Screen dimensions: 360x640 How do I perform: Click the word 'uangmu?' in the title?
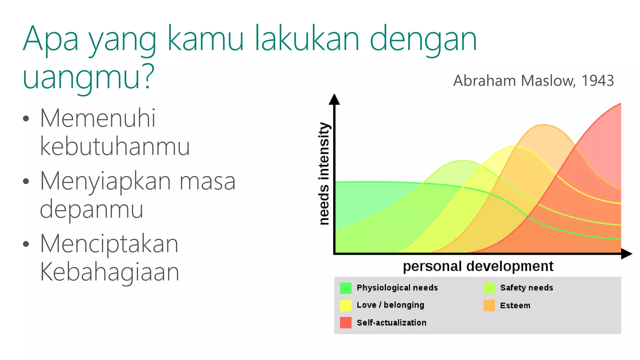tap(88, 77)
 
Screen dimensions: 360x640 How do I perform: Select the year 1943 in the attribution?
tap(597, 81)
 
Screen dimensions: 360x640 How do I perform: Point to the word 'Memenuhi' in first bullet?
tap(97, 118)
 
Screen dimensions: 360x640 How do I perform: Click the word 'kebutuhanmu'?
tap(115, 147)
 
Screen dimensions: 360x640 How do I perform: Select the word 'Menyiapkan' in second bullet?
tap(105, 181)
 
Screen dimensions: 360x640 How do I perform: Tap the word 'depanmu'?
tap(91, 209)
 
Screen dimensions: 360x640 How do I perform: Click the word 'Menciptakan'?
tap(109, 244)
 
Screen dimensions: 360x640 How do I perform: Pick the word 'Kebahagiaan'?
tap(109, 272)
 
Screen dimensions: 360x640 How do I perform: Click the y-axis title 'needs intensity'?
tap(324, 173)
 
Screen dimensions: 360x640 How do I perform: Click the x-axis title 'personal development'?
tap(478, 266)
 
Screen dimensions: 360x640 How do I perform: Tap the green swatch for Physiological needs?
tap(346, 288)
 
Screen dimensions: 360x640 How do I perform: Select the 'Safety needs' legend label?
tap(527, 288)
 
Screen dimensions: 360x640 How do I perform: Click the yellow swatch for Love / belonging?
tap(346, 305)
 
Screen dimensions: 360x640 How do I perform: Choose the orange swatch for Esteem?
tap(489, 305)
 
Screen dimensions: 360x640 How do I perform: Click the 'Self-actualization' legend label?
tap(391, 323)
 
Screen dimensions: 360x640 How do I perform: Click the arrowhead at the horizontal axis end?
tap(626, 254)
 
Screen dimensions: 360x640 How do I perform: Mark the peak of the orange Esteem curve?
tap(543, 125)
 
